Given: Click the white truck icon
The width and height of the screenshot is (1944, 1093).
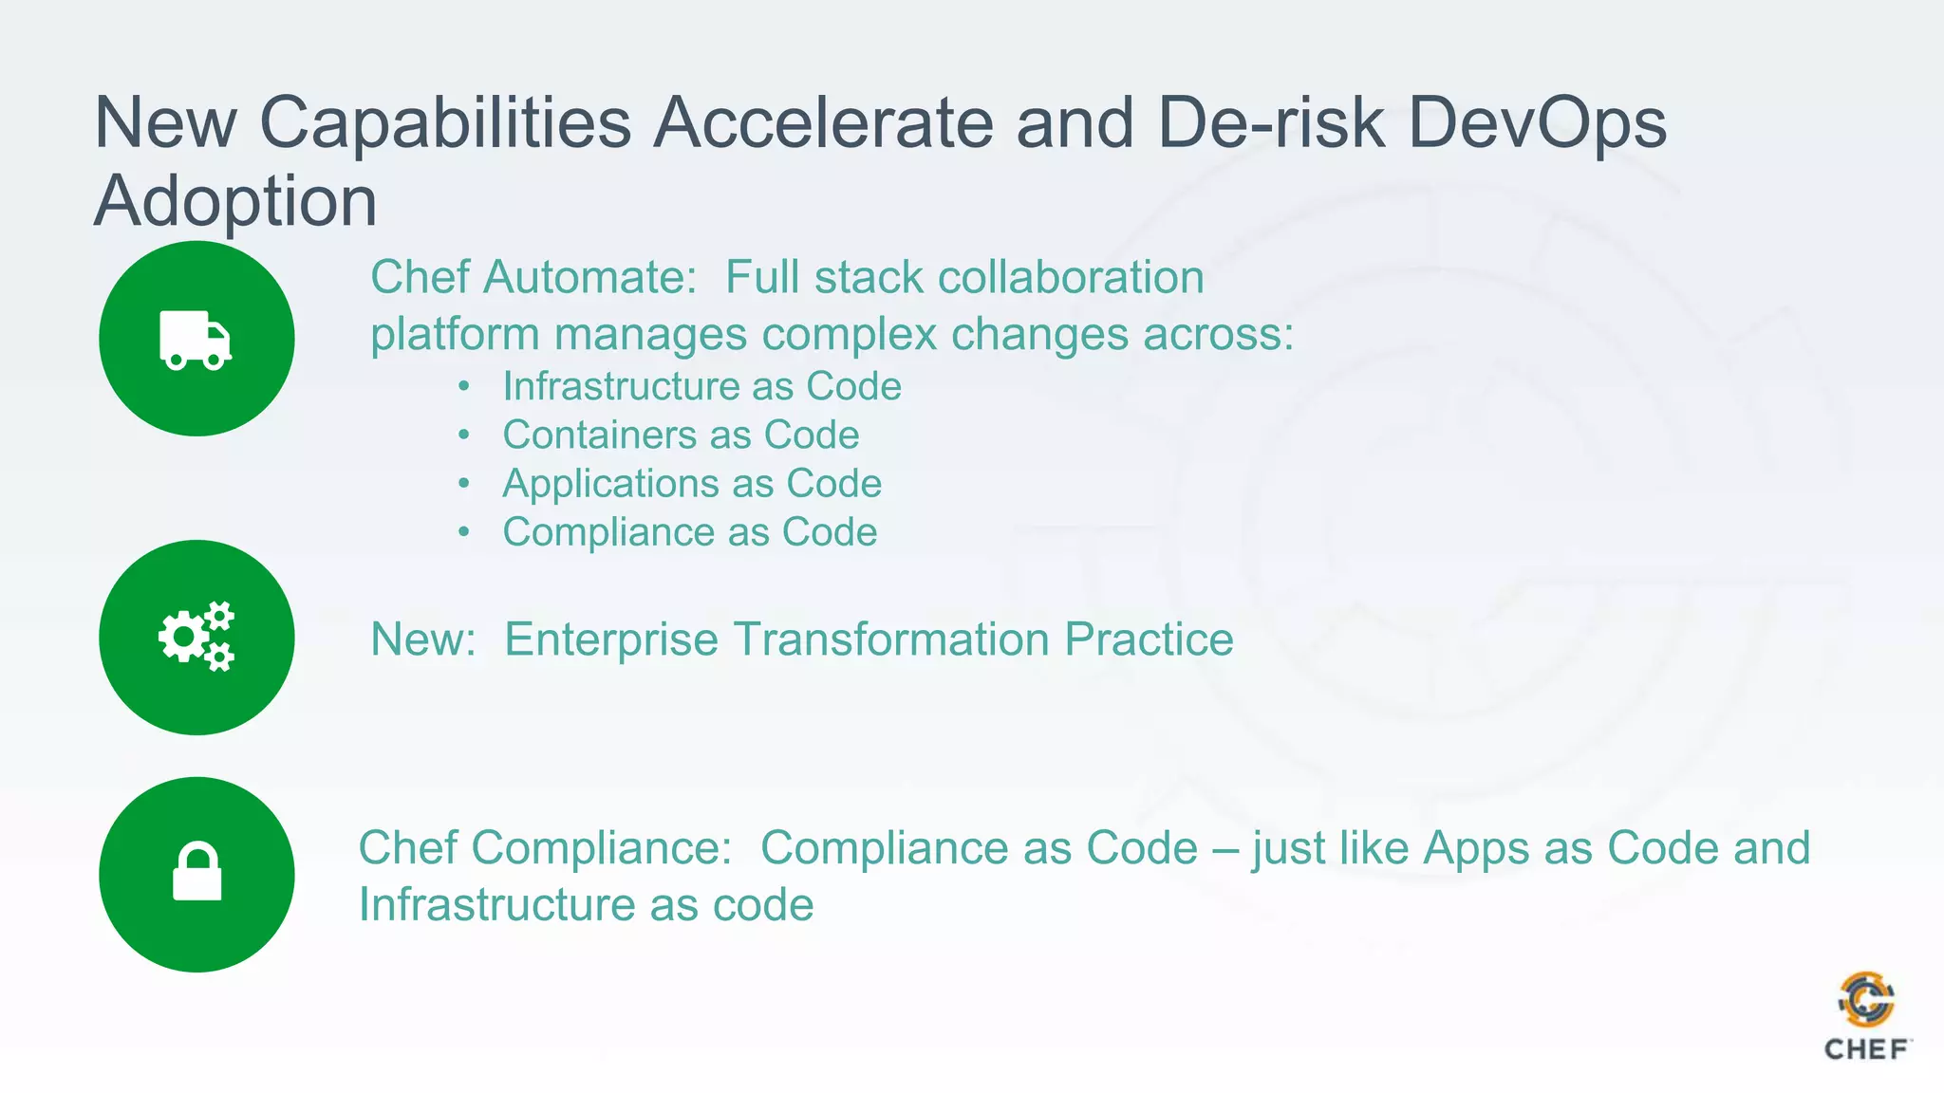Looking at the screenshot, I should (x=196, y=340).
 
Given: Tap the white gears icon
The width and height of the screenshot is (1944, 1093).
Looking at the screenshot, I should (x=196, y=637).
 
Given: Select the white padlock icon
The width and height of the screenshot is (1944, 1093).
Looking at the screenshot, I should (x=196, y=871).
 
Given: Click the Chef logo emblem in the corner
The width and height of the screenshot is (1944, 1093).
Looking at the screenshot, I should (x=1866, y=1000).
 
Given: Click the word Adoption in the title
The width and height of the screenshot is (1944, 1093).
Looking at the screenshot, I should (x=235, y=202).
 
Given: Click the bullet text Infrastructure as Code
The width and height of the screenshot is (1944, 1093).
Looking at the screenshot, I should (x=701, y=387).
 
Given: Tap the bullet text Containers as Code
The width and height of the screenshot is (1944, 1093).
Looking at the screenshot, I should (x=681, y=435).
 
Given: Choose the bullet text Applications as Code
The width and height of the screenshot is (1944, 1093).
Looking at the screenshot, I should (x=692, y=484).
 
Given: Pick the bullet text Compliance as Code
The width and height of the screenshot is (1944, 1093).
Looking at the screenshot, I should (x=689, y=532).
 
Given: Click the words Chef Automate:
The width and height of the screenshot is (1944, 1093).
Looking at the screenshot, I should (x=533, y=278).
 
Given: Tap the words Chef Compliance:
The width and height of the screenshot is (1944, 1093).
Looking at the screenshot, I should (x=545, y=848).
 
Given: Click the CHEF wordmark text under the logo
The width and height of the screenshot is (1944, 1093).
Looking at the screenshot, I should (x=1866, y=1049).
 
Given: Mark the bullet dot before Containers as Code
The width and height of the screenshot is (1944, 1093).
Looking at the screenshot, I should (x=463, y=435).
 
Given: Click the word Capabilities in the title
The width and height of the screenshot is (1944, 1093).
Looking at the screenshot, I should (x=445, y=123).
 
